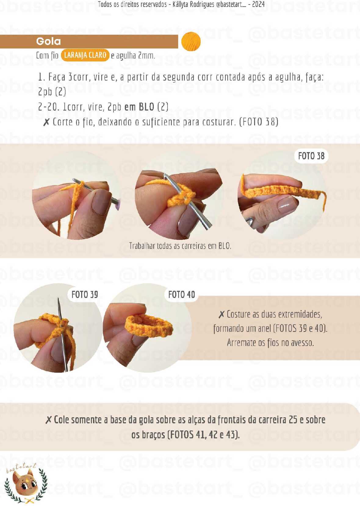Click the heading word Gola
point(49,41)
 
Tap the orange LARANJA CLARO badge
point(85,55)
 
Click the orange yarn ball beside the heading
point(191,41)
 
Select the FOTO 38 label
point(311,156)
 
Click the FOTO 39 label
point(85,294)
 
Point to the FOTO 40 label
point(181,294)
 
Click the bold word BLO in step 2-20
point(146,107)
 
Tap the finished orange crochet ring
point(149,326)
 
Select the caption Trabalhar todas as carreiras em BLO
point(180,246)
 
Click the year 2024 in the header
point(258,4)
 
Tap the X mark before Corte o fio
point(46,122)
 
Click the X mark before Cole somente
point(49,420)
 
